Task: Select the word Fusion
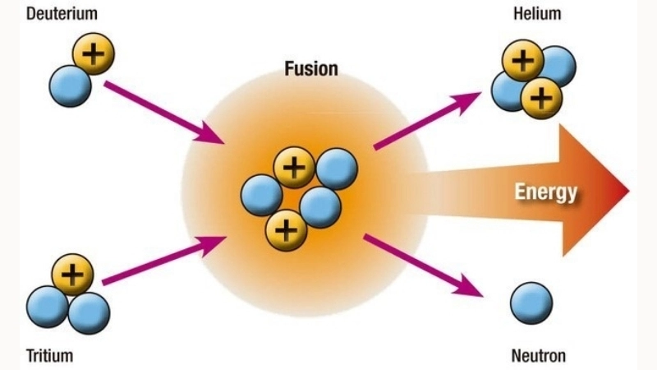click(310, 67)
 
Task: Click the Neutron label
click(539, 356)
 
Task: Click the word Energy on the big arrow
click(546, 192)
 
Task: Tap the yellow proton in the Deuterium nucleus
click(94, 55)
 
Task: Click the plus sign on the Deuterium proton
click(94, 55)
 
